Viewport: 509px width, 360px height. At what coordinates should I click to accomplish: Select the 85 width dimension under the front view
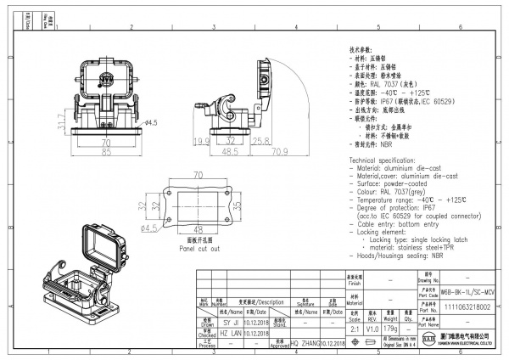point(107,154)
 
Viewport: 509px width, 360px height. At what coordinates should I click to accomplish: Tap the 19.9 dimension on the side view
point(201,140)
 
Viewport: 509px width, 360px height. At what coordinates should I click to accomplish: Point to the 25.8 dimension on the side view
point(260,140)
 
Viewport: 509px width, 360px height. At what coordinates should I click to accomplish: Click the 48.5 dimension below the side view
point(229,153)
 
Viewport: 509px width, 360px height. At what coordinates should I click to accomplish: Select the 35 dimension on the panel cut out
point(239,205)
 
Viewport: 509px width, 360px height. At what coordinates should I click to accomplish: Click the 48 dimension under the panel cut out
point(198,228)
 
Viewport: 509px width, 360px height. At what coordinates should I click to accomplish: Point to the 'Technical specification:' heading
point(389,160)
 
